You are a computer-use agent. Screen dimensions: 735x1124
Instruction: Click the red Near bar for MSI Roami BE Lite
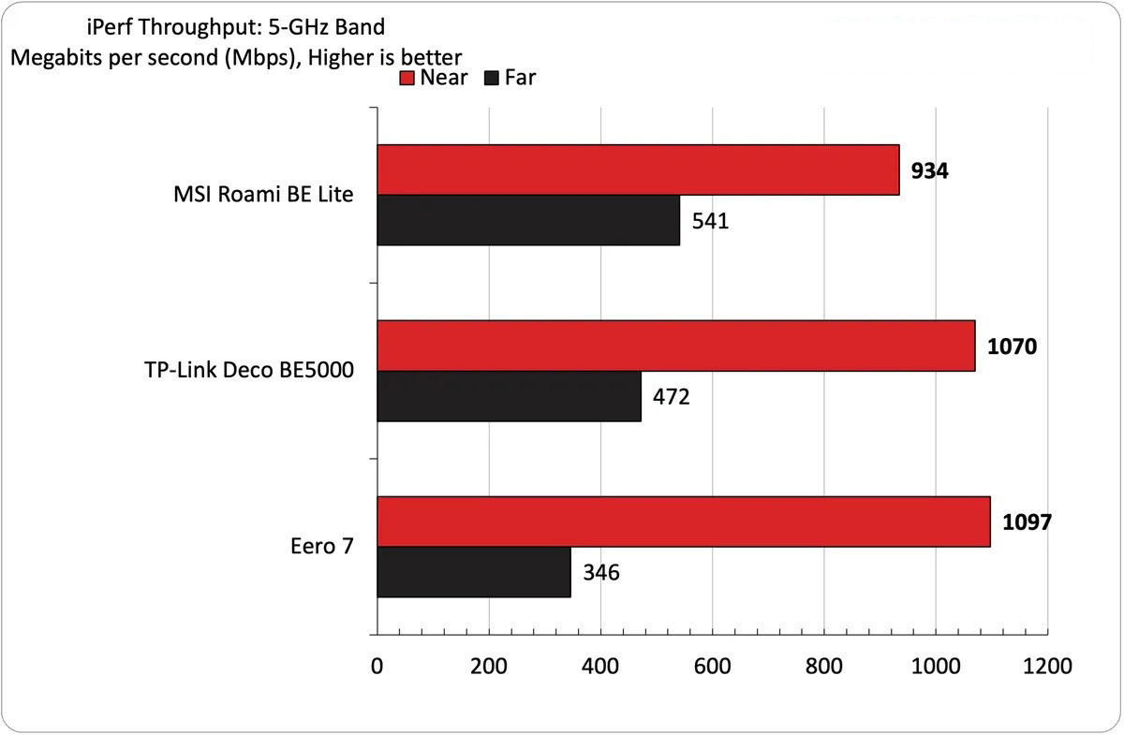point(638,169)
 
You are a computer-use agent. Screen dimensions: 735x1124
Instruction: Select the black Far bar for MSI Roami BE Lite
point(528,220)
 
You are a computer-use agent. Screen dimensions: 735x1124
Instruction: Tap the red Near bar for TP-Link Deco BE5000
point(675,345)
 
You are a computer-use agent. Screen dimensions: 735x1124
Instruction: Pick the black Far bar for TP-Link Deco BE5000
point(509,396)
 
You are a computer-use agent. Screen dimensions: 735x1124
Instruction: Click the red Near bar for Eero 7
point(683,522)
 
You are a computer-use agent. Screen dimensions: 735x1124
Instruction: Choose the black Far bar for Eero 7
point(473,572)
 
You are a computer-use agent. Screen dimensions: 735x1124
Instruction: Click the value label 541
point(710,221)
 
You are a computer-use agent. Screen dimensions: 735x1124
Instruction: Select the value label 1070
point(1012,346)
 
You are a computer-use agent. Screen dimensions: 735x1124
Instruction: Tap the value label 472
point(672,397)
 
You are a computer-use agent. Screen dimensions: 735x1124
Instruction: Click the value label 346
point(601,573)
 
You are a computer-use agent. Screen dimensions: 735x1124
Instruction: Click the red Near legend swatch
point(407,78)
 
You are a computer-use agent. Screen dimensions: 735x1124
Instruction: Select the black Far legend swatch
point(490,78)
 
